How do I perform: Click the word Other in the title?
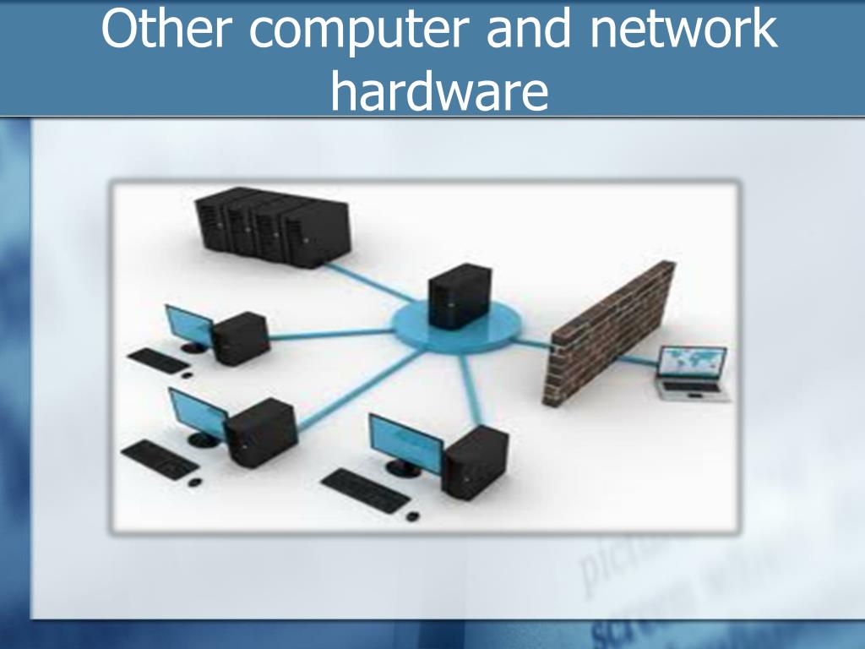pos(166,31)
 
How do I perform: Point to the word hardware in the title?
pos(438,91)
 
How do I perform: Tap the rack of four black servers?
pos(271,226)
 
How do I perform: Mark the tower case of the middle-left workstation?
pos(263,431)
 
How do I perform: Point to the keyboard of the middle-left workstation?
pos(158,458)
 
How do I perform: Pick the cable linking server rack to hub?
pos(372,282)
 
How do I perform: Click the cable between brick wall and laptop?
pos(639,363)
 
